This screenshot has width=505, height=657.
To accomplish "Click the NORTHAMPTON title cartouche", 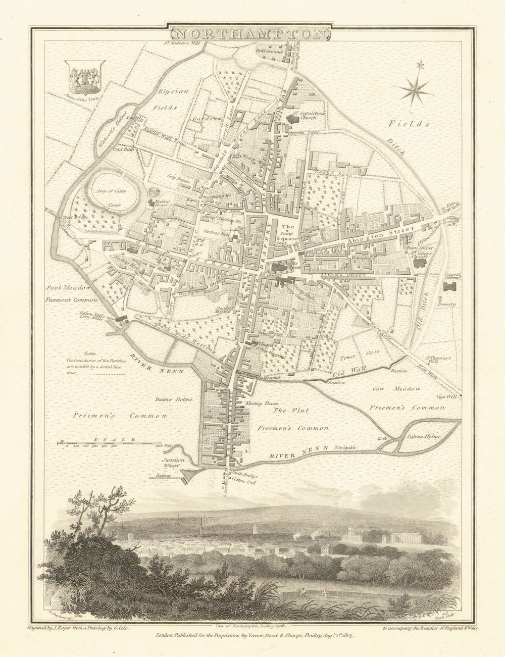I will pos(251,34).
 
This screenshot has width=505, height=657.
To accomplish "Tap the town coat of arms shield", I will pos(84,76).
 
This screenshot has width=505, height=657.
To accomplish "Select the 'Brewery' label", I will pos(447,305).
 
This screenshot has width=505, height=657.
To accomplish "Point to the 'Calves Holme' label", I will pos(425,437).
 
